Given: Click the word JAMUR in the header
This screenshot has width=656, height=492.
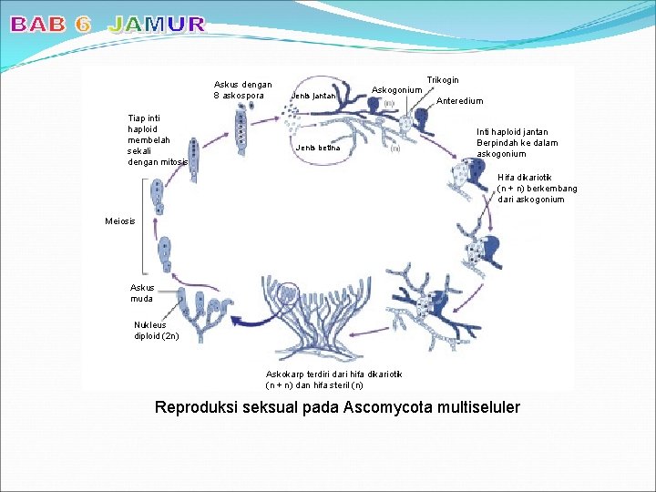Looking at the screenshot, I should coord(157,25).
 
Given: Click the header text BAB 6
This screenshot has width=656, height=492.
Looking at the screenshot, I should coord(50,25).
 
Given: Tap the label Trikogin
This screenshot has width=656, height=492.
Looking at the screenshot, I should coord(443,81).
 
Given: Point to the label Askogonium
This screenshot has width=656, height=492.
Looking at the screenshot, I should coord(396,90).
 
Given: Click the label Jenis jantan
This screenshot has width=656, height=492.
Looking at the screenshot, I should coord(314,96).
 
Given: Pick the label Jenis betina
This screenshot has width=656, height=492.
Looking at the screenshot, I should coord(316,148).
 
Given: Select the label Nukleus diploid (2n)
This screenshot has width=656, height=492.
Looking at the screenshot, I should coord(156,330).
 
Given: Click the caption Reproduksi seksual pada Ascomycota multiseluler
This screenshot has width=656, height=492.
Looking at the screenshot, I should coord(337,407).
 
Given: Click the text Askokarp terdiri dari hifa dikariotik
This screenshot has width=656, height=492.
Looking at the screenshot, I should coord(332,374).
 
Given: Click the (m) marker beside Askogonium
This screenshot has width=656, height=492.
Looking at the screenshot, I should coord(389,104).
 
